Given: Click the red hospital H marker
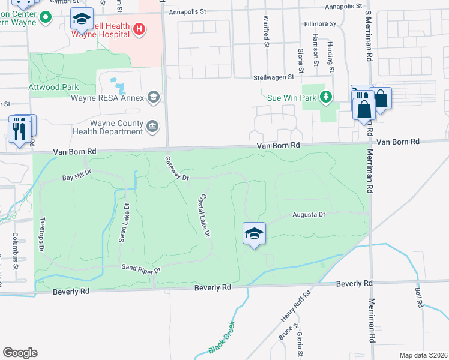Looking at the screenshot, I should pyautogui.click(x=139, y=28).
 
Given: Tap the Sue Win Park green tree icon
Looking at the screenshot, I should pyautogui.click(x=326, y=96).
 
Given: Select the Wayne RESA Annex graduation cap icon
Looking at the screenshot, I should pyautogui.click(x=154, y=97).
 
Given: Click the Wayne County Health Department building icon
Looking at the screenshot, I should pyautogui.click(x=153, y=126).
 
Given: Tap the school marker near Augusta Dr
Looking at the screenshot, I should pyautogui.click(x=254, y=233).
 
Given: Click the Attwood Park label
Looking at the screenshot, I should pyautogui.click(x=53, y=87).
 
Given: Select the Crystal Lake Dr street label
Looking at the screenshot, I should pyautogui.click(x=205, y=214).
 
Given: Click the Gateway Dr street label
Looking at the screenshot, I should pyautogui.click(x=177, y=168).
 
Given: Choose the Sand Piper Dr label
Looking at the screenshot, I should pyautogui.click(x=142, y=269).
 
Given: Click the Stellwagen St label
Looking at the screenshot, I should pyautogui.click(x=273, y=77).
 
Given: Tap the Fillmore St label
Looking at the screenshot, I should pyautogui.click(x=319, y=24).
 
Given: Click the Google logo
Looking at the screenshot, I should pyautogui.click(x=20, y=353).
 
